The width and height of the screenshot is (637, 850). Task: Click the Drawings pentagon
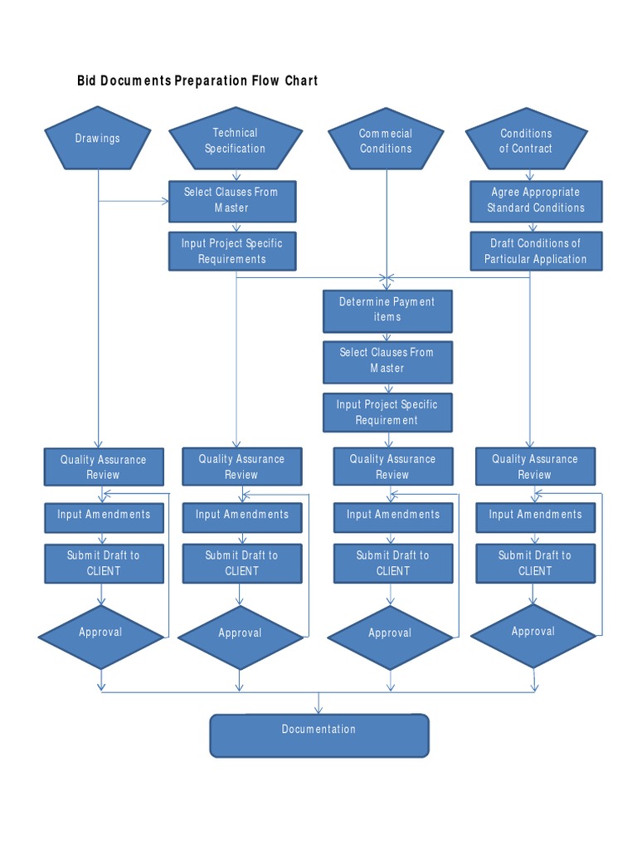coord(98,139)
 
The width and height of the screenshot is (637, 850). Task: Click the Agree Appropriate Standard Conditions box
coord(536,201)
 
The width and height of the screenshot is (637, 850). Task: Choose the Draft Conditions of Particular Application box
coord(536,252)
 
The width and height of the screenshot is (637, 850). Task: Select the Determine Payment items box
coord(387,311)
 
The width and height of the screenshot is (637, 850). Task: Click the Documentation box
coord(319,735)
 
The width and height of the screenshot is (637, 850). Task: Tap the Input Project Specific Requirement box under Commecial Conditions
coord(387,413)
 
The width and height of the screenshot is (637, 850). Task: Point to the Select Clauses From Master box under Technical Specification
coord(232,201)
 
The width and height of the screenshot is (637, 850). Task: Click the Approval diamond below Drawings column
coord(100,637)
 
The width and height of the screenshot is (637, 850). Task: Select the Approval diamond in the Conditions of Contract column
coord(533,636)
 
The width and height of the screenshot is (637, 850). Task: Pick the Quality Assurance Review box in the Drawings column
coord(104,467)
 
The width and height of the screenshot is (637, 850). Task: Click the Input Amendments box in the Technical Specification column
coord(242,518)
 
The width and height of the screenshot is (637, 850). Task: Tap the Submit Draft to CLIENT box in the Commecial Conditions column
coord(392,564)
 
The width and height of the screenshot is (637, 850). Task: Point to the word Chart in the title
coord(301,81)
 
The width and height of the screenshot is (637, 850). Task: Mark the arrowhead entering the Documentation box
coord(318,710)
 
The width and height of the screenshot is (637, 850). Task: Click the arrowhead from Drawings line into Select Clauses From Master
coord(165,201)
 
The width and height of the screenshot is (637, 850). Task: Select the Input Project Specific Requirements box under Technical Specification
coord(232,252)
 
